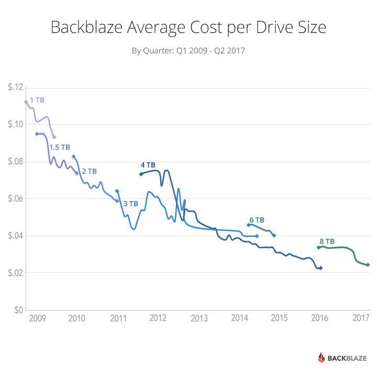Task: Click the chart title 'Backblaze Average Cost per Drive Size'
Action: [x=188, y=27]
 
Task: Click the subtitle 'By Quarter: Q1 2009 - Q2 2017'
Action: [x=188, y=51]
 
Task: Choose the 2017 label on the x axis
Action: [x=361, y=318]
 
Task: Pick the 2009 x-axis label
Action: [x=36, y=318]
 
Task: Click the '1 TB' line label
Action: [x=37, y=99]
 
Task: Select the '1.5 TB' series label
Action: [x=60, y=147]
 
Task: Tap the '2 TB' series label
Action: [x=90, y=171]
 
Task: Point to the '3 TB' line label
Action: [x=131, y=204]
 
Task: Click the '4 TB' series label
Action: [x=148, y=165]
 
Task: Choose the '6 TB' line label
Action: [x=257, y=220]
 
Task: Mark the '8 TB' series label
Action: [x=327, y=241]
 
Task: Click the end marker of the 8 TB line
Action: [x=368, y=265]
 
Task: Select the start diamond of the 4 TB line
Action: [x=141, y=174]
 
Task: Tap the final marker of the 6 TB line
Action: [x=274, y=236]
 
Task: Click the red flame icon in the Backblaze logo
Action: [x=322, y=358]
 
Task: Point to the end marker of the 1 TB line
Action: [x=54, y=137]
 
